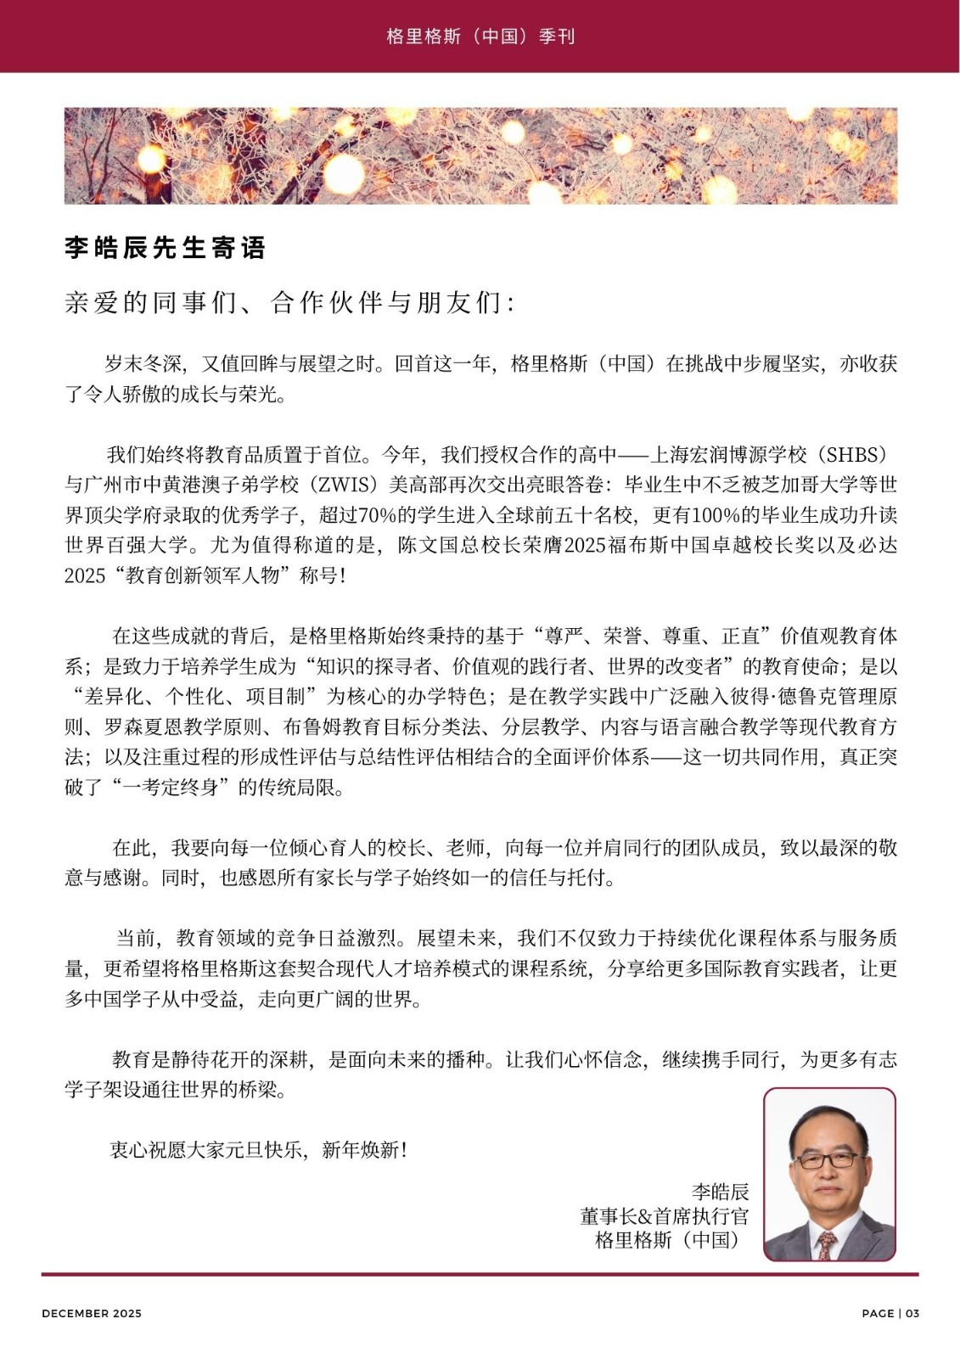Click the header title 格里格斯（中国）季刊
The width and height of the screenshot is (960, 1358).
coord(480,36)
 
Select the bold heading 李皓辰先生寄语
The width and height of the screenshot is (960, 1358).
coord(166,248)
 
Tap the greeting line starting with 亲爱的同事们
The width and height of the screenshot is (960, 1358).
coord(289,303)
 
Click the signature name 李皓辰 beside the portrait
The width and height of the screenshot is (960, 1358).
coord(720,1192)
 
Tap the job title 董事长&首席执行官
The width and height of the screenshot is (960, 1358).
coord(665,1216)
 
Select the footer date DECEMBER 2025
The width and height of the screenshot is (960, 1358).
coord(92,1313)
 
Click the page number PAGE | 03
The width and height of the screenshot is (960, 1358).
coord(890,1313)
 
